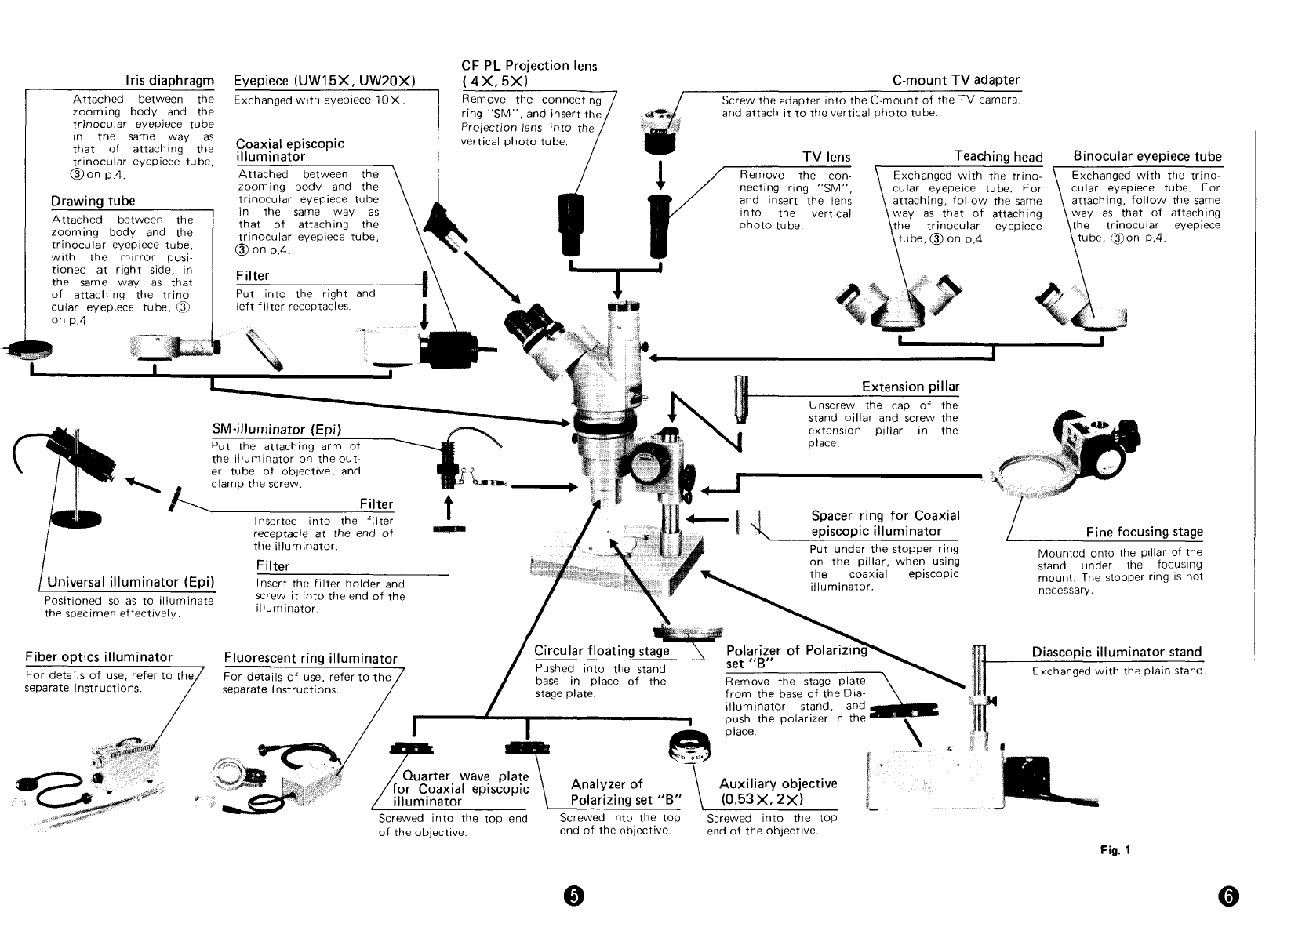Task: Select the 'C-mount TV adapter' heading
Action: (x=955, y=80)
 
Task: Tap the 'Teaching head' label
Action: (x=998, y=157)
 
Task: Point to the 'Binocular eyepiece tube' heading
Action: (x=1147, y=156)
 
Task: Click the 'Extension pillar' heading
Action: (x=910, y=387)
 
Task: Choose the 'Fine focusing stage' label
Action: (x=1144, y=533)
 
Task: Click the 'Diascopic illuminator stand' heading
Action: (x=1116, y=653)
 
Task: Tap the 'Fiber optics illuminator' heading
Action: (x=99, y=657)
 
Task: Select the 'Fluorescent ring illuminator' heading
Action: (x=311, y=658)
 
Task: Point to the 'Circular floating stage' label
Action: (x=602, y=651)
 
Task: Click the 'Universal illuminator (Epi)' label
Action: (x=131, y=582)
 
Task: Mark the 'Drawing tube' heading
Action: (x=93, y=202)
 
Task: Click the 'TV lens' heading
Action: (x=826, y=157)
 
